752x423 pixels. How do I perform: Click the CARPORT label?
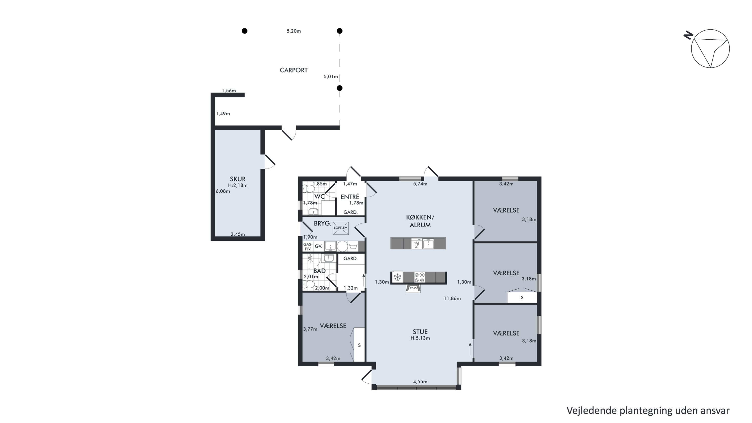click(293, 70)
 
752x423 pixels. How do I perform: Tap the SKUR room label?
click(238, 179)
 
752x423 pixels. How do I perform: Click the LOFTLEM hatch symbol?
click(341, 228)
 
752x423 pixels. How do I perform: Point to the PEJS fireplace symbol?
click(413, 288)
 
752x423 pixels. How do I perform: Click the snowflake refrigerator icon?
click(397, 277)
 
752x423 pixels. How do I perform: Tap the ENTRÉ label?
click(350, 197)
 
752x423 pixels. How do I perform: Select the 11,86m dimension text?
click(452, 298)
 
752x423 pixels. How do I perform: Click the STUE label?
click(420, 332)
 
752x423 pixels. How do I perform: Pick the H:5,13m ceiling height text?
click(420, 338)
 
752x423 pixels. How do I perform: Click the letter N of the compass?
click(688, 35)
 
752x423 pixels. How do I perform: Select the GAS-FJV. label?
click(308, 247)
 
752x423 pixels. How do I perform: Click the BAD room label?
click(319, 271)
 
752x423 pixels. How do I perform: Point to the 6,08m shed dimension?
click(223, 191)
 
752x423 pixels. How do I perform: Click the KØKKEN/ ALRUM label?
click(420, 221)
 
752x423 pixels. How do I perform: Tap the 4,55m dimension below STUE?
click(420, 382)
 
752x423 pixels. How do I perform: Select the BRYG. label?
click(322, 224)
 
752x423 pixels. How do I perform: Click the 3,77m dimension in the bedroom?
click(310, 329)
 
